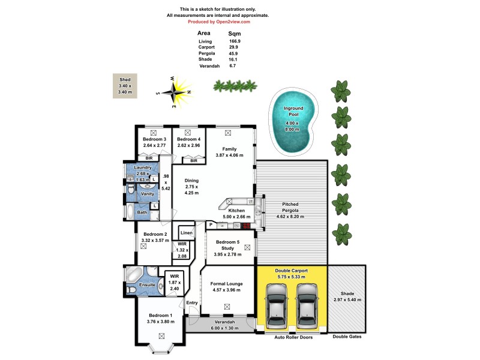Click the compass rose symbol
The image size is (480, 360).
click(174, 92)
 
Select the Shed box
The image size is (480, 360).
click(125, 86)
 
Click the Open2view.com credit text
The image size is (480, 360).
click(223, 21)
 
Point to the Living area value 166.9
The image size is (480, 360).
click(235, 41)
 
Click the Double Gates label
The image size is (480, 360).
click(346, 337)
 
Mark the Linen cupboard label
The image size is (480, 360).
click(186, 232)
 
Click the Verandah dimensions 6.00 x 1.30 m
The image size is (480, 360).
click(220, 328)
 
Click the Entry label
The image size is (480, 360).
click(192, 303)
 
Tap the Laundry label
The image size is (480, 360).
click(142, 167)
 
